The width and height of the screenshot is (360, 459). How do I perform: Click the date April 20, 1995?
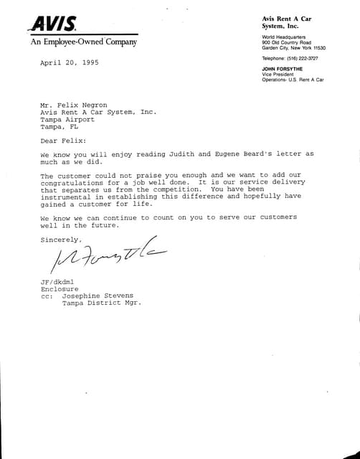coord(70,63)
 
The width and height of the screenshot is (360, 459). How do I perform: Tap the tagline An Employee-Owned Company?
coord(83,42)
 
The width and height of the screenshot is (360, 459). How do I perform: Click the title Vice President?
coord(279,74)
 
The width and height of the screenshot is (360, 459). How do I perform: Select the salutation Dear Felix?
coord(62,140)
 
